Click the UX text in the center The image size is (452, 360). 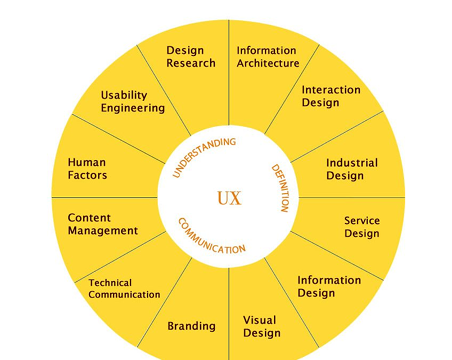[229, 199]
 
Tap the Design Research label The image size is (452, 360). [191, 57]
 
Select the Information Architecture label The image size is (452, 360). [268, 57]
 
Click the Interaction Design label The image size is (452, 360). [331, 96]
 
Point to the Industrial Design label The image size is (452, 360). [352, 169]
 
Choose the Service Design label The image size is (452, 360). [361, 227]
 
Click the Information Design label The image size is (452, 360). [329, 286]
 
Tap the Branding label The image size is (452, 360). [191, 326]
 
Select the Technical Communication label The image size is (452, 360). [124, 289]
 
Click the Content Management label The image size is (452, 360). [103, 224]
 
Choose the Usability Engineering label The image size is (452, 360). [133, 101]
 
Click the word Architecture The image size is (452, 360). [268, 64]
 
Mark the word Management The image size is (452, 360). [103, 231]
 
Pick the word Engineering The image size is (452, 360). [133, 108]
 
